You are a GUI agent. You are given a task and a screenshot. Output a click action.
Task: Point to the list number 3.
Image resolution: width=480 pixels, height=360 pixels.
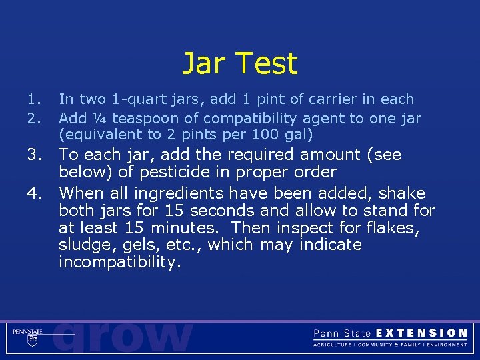coord(36,155)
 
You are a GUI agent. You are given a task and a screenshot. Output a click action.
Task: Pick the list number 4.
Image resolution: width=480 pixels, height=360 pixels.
coord(36,194)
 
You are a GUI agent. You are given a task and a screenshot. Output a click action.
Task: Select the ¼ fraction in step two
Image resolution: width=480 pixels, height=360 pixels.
coord(101,119)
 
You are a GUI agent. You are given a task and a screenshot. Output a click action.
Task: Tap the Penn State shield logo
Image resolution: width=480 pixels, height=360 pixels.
coord(31,340)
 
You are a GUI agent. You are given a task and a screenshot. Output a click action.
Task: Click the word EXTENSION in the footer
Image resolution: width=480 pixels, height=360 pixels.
coord(421,333)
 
